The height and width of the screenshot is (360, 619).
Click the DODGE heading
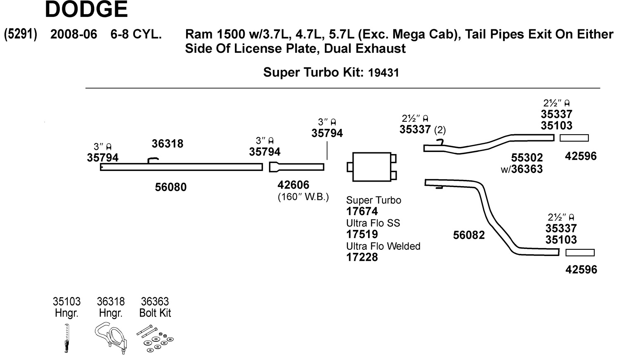pyautogui.click(x=86, y=10)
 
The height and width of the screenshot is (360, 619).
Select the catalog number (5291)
pyautogui.click(x=21, y=34)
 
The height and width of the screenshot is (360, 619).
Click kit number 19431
pyautogui.click(x=383, y=73)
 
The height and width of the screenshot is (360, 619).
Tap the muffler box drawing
pyautogui.click(x=371, y=167)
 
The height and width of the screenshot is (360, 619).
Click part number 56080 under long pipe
pyautogui.click(x=170, y=187)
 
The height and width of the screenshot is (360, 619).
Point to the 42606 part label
pyautogui.click(x=293, y=185)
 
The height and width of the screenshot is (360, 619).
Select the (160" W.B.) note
pyautogui.click(x=303, y=197)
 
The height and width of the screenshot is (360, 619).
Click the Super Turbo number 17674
pyautogui.click(x=362, y=211)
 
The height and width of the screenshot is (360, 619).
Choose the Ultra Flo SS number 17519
pyautogui.click(x=362, y=234)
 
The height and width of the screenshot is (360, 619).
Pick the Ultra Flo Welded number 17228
pyautogui.click(x=362, y=257)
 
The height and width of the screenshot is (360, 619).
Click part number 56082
pyautogui.click(x=469, y=235)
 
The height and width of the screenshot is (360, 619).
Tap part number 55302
pyautogui.click(x=527, y=158)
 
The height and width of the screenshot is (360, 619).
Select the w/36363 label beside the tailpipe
pyautogui.click(x=522, y=169)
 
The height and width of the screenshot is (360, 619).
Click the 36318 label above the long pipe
pyautogui.click(x=167, y=144)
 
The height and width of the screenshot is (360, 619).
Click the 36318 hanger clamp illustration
pyautogui.click(x=111, y=338)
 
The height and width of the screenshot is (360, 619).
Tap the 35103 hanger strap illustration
pyautogui.click(x=67, y=338)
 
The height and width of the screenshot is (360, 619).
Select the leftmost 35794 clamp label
pyautogui.click(x=102, y=158)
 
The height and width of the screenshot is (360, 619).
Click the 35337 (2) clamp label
pyautogui.click(x=422, y=130)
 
